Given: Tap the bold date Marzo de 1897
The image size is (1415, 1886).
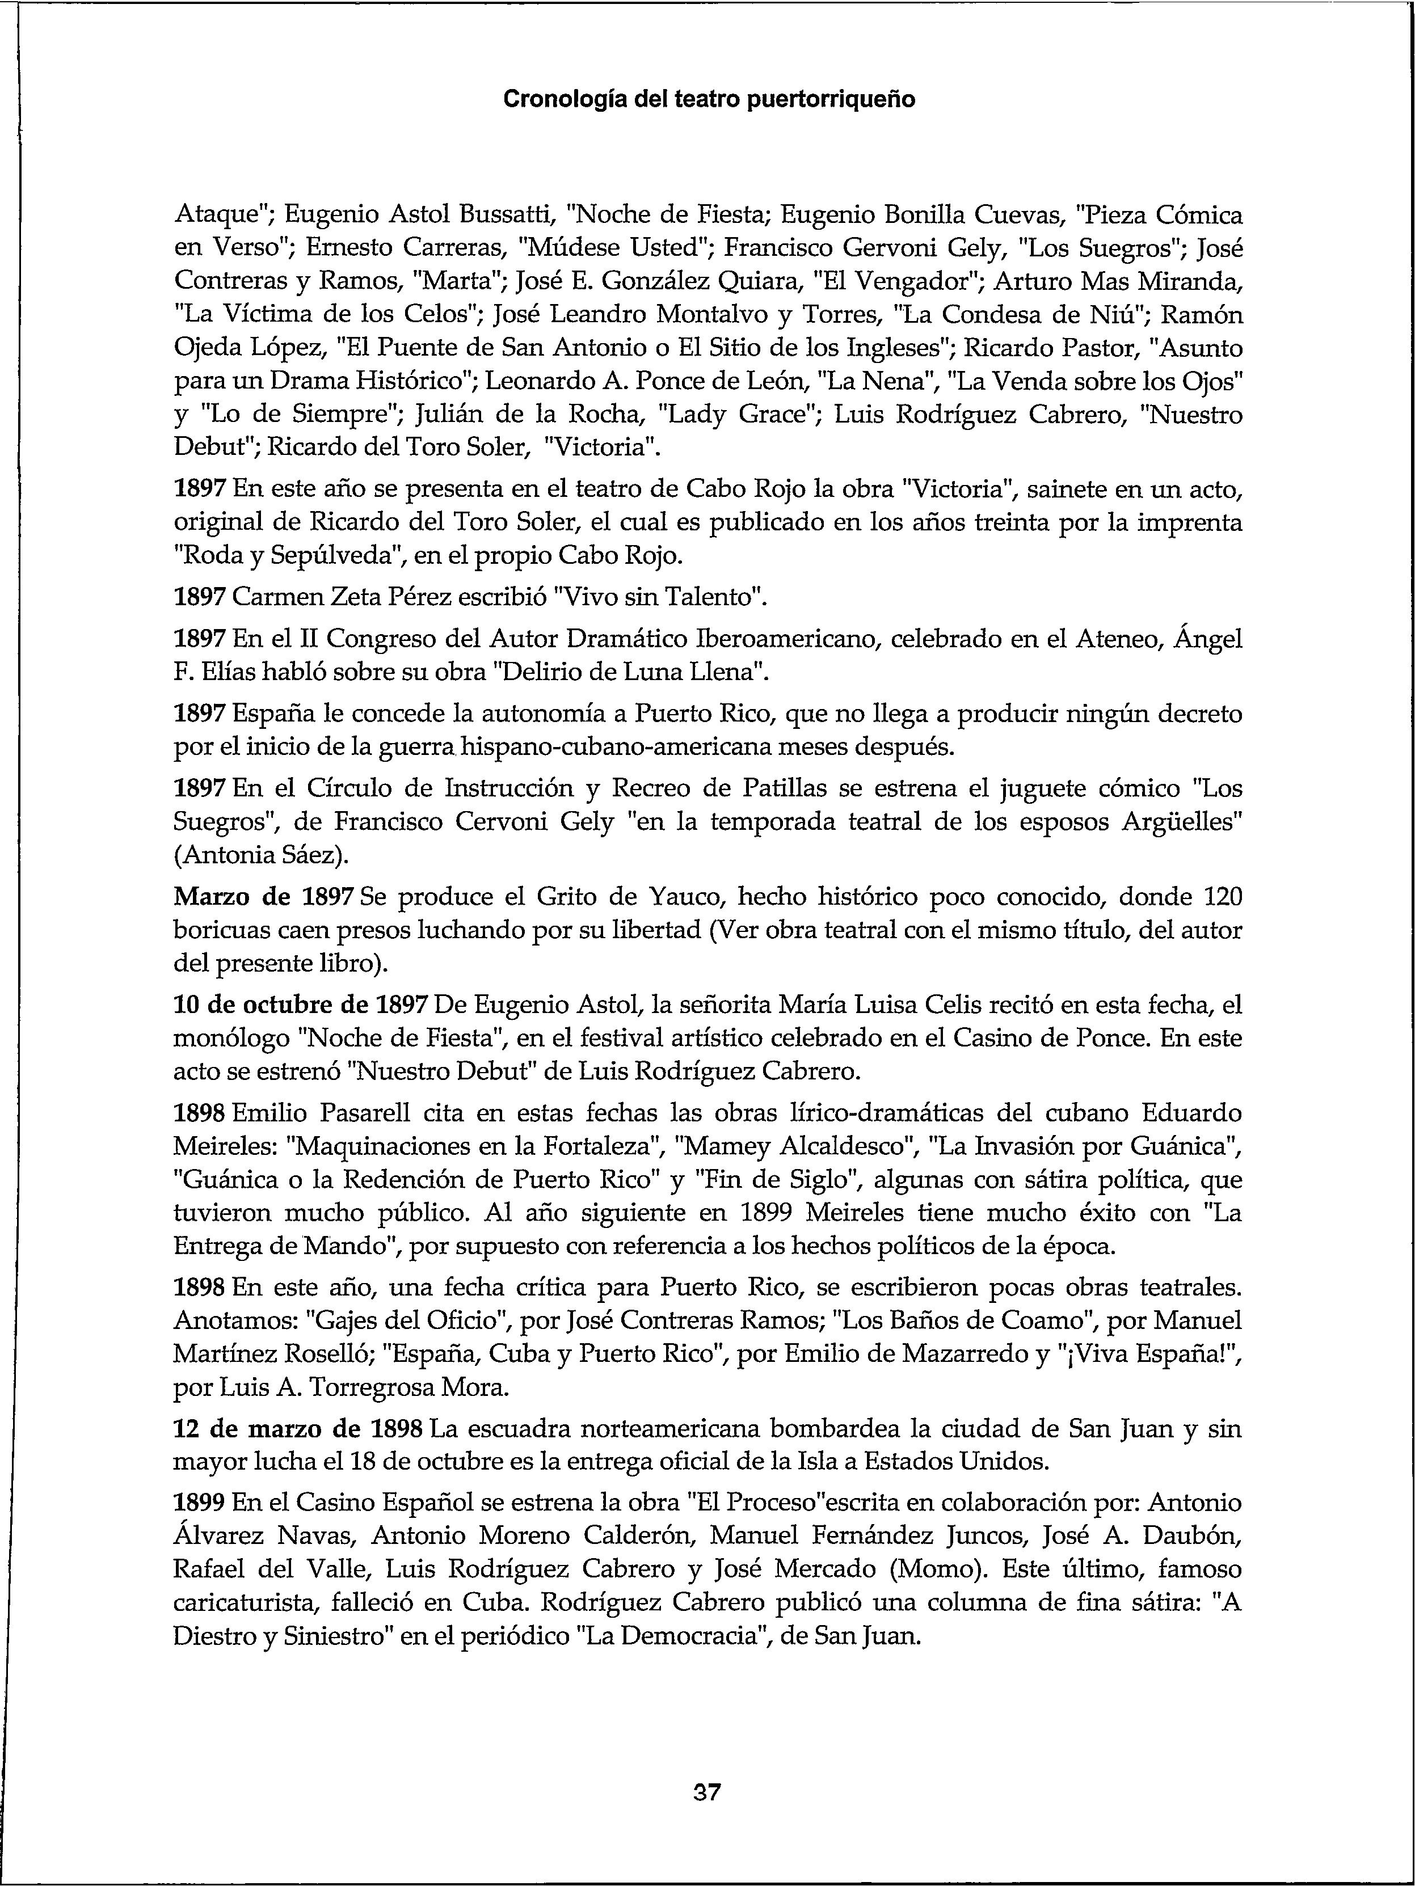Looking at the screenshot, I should [x=264, y=897].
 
